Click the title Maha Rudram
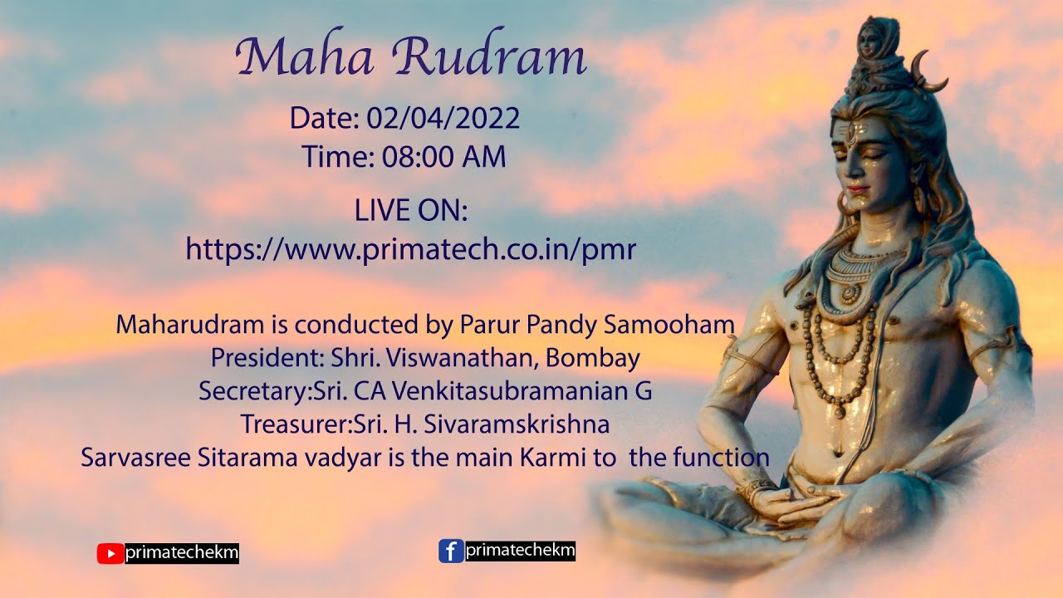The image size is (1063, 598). pyautogui.click(x=411, y=58)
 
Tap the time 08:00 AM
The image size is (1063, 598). pyautogui.click(x=443, y=156)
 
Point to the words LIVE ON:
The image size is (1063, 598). pyautogui.click(x=411, y=211)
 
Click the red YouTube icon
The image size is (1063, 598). pyautogui.click(x=110, y=553)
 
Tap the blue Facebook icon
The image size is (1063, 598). pyautogui.click(x=450, y=551)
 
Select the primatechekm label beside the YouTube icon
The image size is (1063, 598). pyautogui.click(x=182, y=553)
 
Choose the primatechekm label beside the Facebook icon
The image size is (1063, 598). pyautogui.click(x=520, y=550)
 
